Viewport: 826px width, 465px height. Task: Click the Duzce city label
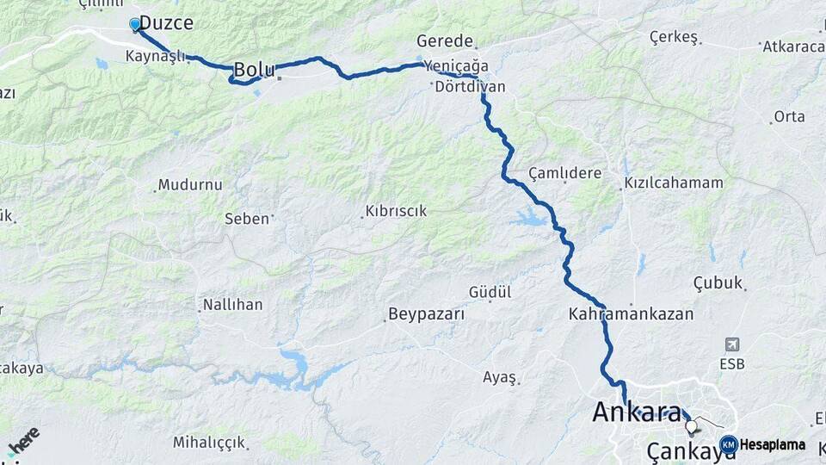(166, 23)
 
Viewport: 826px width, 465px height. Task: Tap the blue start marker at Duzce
(135, 24)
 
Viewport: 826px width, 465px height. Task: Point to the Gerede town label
(445, 40)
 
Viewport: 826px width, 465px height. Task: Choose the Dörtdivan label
(470, 87)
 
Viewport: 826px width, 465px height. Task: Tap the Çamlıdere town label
(564, 173)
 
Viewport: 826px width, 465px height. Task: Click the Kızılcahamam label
(674, 183)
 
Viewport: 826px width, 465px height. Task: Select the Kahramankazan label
(631, 314)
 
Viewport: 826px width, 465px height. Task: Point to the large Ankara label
(637, 412)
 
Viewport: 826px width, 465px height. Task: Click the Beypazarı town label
(426, 314)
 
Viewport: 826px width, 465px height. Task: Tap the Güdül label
(490, 293)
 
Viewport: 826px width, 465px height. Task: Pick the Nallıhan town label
(232, 305)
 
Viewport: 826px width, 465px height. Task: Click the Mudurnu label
(191, 185)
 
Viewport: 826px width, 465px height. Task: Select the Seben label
(247, 219)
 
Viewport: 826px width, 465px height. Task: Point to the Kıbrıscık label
(396, 211)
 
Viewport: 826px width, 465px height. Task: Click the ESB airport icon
(732, 344)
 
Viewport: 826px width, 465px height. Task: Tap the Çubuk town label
(718, 282)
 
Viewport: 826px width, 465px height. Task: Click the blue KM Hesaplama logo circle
(729, 444)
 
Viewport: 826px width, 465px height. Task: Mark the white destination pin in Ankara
(691, 426)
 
